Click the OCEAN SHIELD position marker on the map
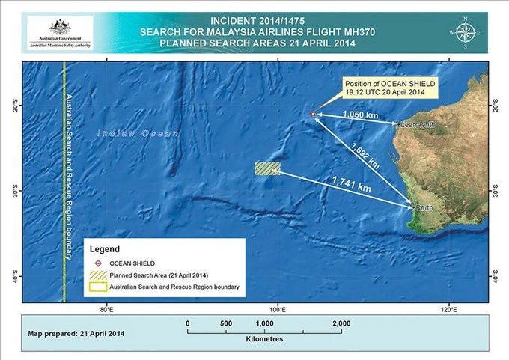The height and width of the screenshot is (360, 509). [314, 114]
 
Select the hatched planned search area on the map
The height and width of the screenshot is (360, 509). [266, 169]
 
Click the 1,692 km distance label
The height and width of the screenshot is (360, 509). [365, 156]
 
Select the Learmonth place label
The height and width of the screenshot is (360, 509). [418, 124]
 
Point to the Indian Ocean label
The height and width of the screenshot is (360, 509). [138, 132]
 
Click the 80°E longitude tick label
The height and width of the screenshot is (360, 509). [106, 309]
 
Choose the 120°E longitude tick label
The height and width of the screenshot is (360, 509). [448, 309]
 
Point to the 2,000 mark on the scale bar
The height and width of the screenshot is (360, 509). [341, 323]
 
